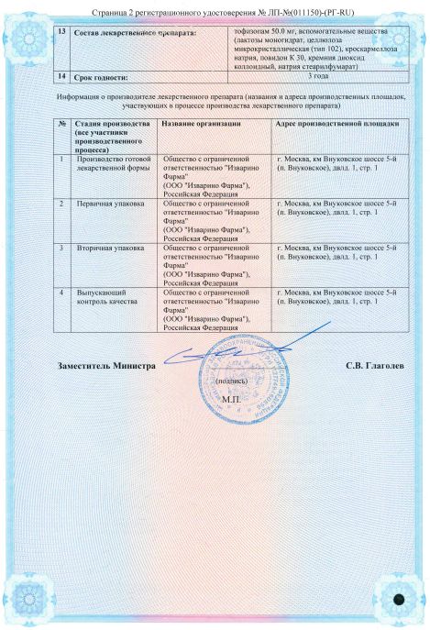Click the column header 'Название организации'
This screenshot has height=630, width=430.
click(x=201, y=122)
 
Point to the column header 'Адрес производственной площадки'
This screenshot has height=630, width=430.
click(x=337, y=122)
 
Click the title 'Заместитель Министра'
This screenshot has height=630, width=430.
click(x=106, y=365)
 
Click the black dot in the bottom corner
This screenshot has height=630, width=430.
click(x=401, y=599)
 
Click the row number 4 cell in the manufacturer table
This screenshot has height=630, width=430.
click(x=61, y=292)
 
